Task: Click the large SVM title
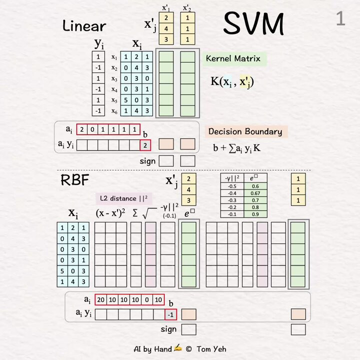[253, 23]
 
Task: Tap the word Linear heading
[84, 25]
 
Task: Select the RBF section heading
[75, 180]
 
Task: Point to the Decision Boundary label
[245, 131]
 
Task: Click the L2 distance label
[124, 198]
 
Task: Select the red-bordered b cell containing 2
[145, 145]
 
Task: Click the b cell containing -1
[171, 314]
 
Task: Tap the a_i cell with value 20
[101, 299]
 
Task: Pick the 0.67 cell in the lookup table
[255, 193]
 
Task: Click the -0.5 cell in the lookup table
[232, 186]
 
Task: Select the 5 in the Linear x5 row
[126, 100]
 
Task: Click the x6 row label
[114, 111]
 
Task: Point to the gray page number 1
[340, 18]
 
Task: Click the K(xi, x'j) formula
[232, 81]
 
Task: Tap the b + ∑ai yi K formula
[236, 148]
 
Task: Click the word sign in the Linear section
[147, 161]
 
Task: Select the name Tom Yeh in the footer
[211, 349]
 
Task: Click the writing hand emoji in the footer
[177, 348]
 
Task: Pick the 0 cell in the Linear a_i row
[92, 129]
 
